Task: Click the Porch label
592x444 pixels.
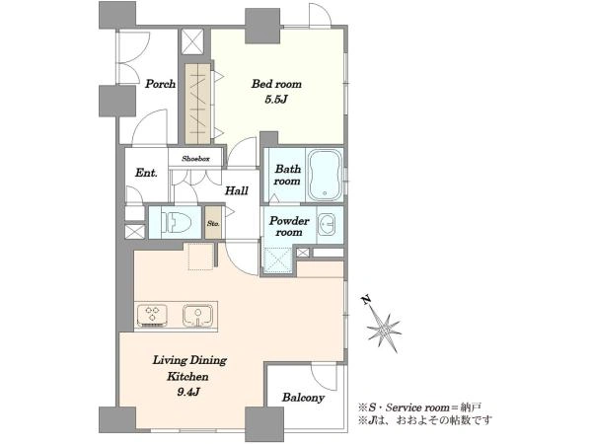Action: pos(161,84)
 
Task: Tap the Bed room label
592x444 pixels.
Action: pos(276,84)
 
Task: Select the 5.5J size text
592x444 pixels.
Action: pos(276,100)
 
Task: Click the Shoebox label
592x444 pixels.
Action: pos(195,159)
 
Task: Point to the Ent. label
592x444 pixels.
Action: pos(146,173)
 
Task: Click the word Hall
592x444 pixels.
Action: pos(237,190)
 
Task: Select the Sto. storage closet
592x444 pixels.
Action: pos(213,223)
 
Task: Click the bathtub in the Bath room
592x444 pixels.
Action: pos(325,176)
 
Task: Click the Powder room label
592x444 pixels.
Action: pos(289,226)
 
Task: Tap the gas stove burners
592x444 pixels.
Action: pos(153,315)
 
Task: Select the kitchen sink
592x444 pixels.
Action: pos(197,315)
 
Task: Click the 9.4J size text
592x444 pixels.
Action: pos(188,393)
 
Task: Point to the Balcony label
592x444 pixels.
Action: pos(303,398)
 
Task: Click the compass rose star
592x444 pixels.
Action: pos(385,331)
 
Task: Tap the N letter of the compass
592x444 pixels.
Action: pos(366,300)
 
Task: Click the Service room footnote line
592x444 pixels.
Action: pos(419,407)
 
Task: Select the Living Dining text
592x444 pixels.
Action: pos(189,360)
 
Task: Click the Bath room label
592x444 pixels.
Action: pos(287,175)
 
